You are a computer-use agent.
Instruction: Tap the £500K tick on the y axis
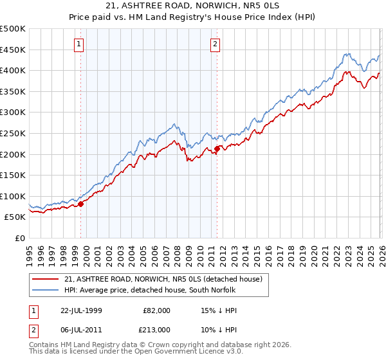[x=14, y=29]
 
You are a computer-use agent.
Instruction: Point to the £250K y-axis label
[x=14, y=133]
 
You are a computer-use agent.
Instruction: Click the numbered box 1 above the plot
[x=78, y=44]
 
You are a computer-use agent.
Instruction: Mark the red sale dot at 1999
[x=81, y=204]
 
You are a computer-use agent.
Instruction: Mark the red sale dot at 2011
[x=217, y=149]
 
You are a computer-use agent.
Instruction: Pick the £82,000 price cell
[x=156, y=310]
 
